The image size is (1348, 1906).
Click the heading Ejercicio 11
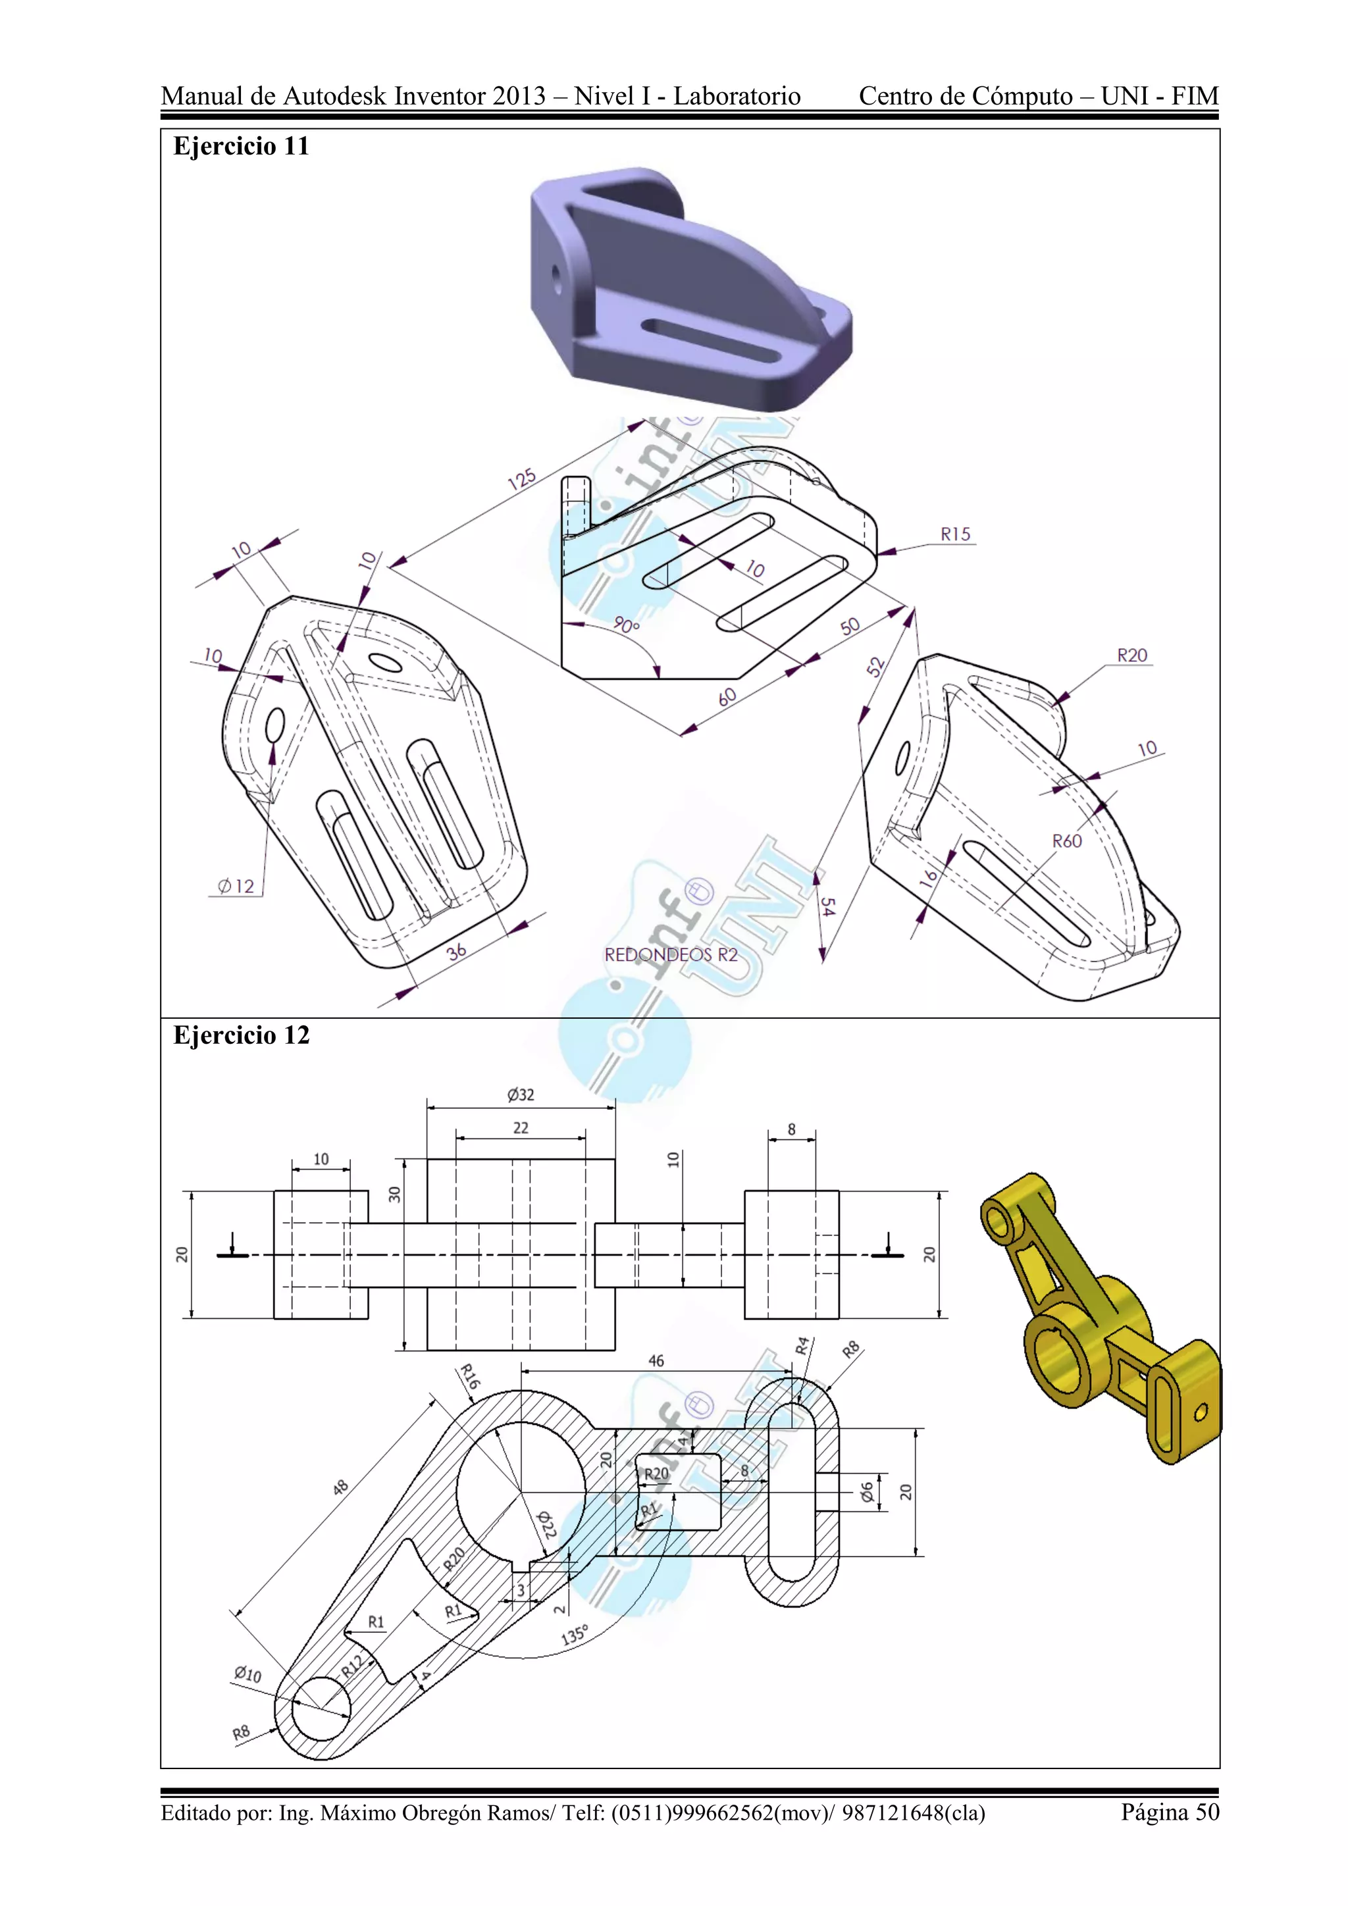(x=241, y=146)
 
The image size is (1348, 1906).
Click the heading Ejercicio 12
(x=241, y=1035)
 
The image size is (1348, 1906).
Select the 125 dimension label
(x=521, y=480)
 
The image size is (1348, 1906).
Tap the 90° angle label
(x=626, y=625)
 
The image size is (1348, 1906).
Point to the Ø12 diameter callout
(x=236, y=887)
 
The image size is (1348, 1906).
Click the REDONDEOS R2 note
(x=671, y=955)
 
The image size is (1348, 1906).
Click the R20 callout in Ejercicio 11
(x=1131, y=655)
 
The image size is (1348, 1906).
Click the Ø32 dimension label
(x=521, y=1095)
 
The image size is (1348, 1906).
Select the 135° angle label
(x=575, y=1635)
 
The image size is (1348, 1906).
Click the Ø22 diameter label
(x=546, y=1524)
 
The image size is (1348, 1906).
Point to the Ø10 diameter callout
(x=247, y=1674)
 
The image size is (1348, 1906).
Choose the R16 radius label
(x=470, y=1376)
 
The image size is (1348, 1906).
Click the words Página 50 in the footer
(x=1170, y=1812)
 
